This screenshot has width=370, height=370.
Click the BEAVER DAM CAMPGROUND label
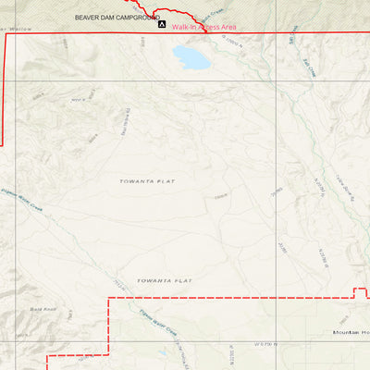click(x=117, y=18)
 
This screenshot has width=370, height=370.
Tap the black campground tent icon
click(x=163, y=24)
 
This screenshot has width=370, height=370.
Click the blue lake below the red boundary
click(x=192, y=57)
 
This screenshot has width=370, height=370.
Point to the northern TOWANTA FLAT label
click(x=147, y=180)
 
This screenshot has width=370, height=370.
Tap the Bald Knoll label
click(x=43, y=309)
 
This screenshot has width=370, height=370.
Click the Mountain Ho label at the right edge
click(x=351, y=331)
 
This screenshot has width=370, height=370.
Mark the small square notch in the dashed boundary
click(x=361, y=293)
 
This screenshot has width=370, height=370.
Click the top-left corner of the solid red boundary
click(x=7, y=33)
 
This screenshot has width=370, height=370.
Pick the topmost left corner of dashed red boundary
click(x=110, y=299)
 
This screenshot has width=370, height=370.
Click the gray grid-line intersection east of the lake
click(x=274, y=80)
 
